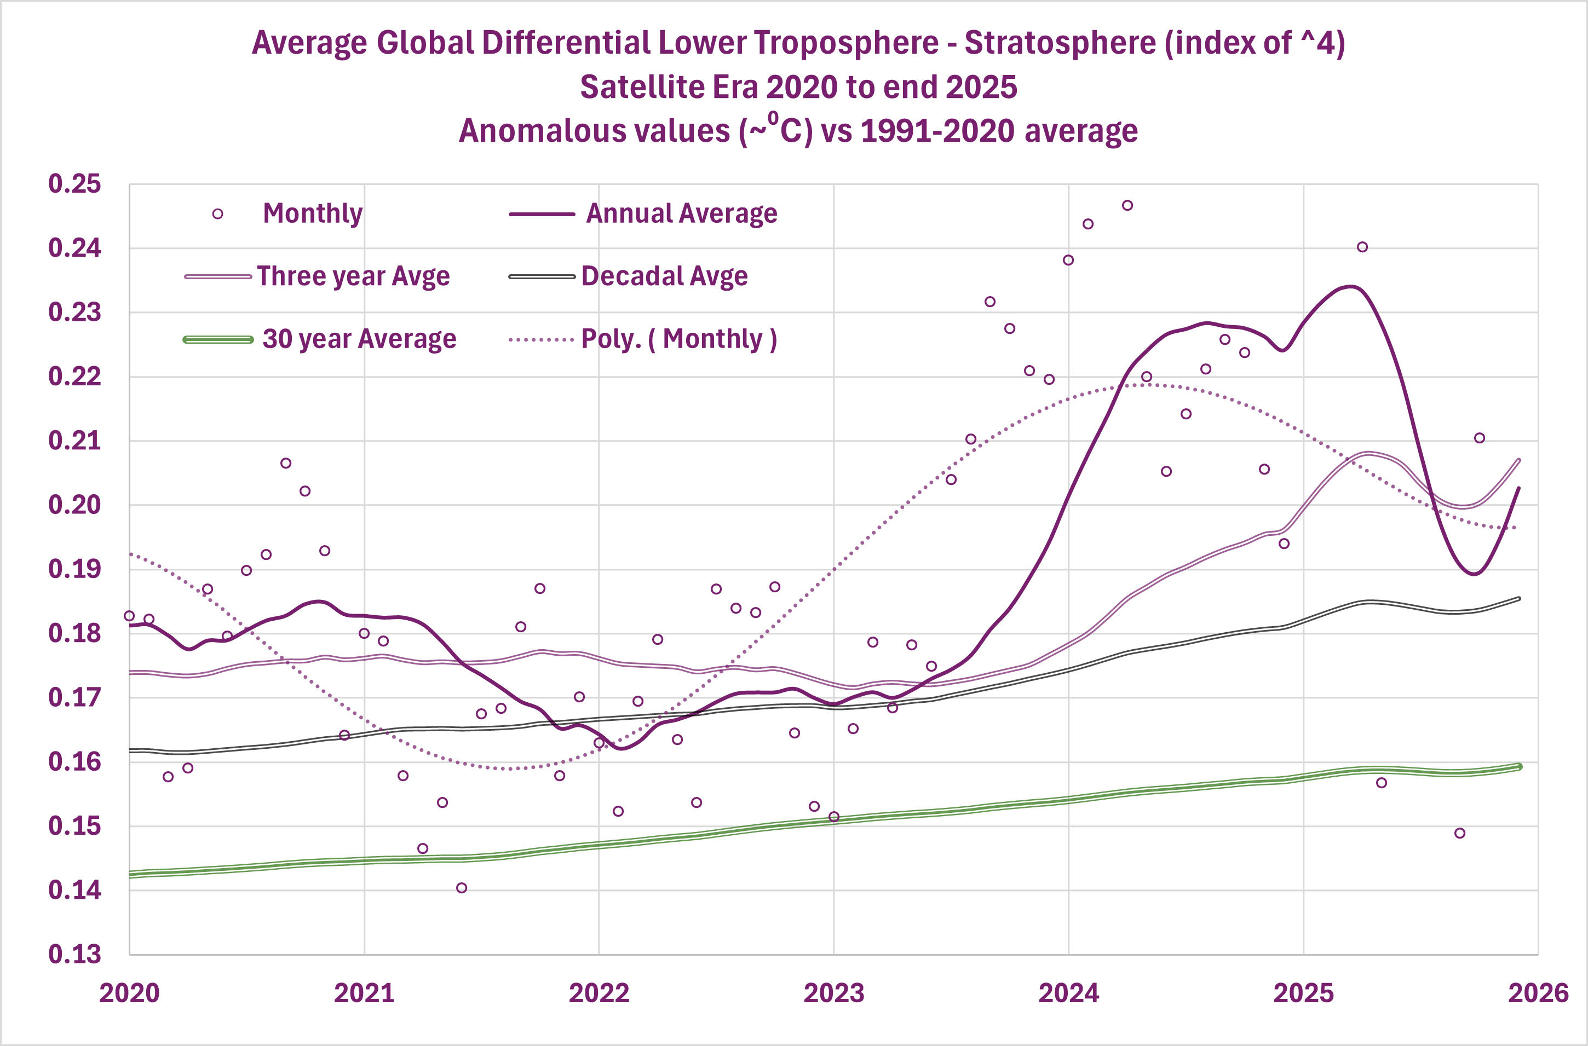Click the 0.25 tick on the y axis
pyautogui.click(x=74, y=184)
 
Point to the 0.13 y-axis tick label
pyautogui.click(x=74, y=955)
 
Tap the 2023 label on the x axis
pyautogui.click(x=833, y=993)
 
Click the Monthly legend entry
pyautogui.click(x=312, y=213)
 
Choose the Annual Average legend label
pyautogui.click(x=681, y=213)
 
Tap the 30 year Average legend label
pyautogui.click(x=359, y=339)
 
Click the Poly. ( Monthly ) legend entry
pyautogui.click(x=678, y=339)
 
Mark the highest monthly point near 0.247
pyautogui.click(x=1127, y=205)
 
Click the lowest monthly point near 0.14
pyautogui.click(x=462, y=888)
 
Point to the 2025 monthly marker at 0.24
pyautogui.click(x=1362, y=247)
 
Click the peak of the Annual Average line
pyautogui.click(x=1351, y=287)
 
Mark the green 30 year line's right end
pyautogui.click(x=1519, y=766)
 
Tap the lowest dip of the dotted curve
pyautogui.click(x=510, y=768)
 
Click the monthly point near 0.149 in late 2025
pyautogui.click(x=1460, y=833)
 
